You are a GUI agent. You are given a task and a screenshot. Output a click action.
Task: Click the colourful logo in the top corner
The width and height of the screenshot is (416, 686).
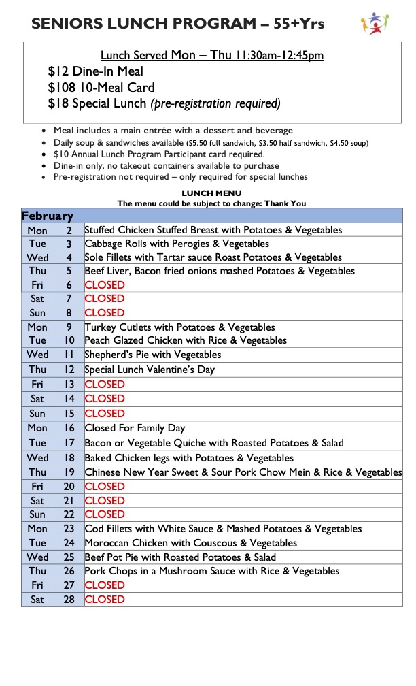click(x=375, y=23)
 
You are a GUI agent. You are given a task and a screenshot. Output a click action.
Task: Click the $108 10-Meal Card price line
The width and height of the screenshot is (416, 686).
click(x=101, y=87)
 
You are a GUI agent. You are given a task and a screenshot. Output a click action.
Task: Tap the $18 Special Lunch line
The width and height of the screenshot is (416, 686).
click(x=164, y=103)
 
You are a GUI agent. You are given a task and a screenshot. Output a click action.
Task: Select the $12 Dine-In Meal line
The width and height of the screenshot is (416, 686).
click(x=96, y=71)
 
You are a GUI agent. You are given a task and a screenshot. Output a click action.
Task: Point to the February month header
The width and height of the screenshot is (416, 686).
click(x=48, y=216)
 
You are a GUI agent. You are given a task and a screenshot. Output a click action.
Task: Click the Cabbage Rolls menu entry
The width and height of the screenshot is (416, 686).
click(x=177, y=244)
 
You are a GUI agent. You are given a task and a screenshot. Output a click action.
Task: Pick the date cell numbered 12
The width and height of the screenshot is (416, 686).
click(x=69, y=370)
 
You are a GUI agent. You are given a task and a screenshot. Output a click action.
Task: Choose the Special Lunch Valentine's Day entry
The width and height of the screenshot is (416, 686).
click(x=150, y=370)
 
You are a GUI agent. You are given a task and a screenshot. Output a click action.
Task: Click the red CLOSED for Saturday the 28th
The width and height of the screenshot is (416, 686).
click(x=105, y=599)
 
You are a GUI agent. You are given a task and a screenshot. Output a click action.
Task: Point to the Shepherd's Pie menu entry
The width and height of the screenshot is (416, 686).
click(x=152, y=355)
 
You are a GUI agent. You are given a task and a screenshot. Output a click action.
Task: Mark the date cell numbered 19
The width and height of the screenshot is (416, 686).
click(x=69, y=472)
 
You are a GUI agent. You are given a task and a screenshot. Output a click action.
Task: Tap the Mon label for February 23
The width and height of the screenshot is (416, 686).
click(x=37, y=529)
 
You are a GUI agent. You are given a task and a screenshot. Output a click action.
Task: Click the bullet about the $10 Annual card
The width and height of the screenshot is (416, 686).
click(x=159, y=154)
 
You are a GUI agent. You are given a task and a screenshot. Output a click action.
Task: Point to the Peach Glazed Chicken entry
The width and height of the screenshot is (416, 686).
click(x=186, y=340)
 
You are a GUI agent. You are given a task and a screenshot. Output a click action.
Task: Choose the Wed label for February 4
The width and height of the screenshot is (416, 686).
click(x=37, y=257)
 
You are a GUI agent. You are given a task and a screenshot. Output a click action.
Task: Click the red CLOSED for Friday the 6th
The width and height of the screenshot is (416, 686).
click(x=105, y=284)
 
